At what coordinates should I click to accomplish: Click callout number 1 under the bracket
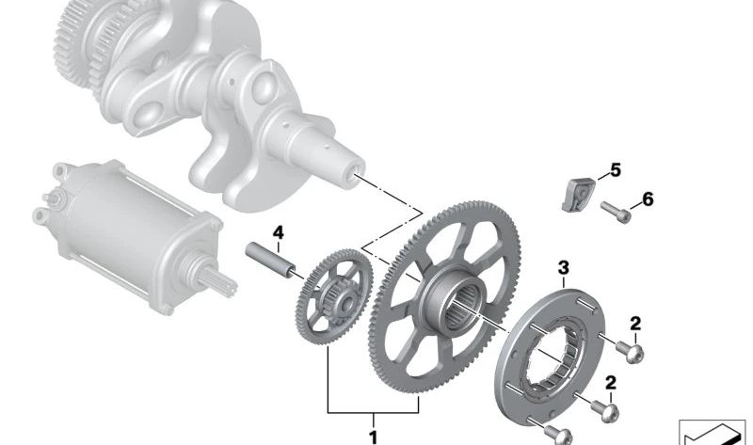373,437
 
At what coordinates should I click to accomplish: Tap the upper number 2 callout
635,324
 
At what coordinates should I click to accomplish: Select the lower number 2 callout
611,383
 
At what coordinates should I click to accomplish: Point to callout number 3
564,268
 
